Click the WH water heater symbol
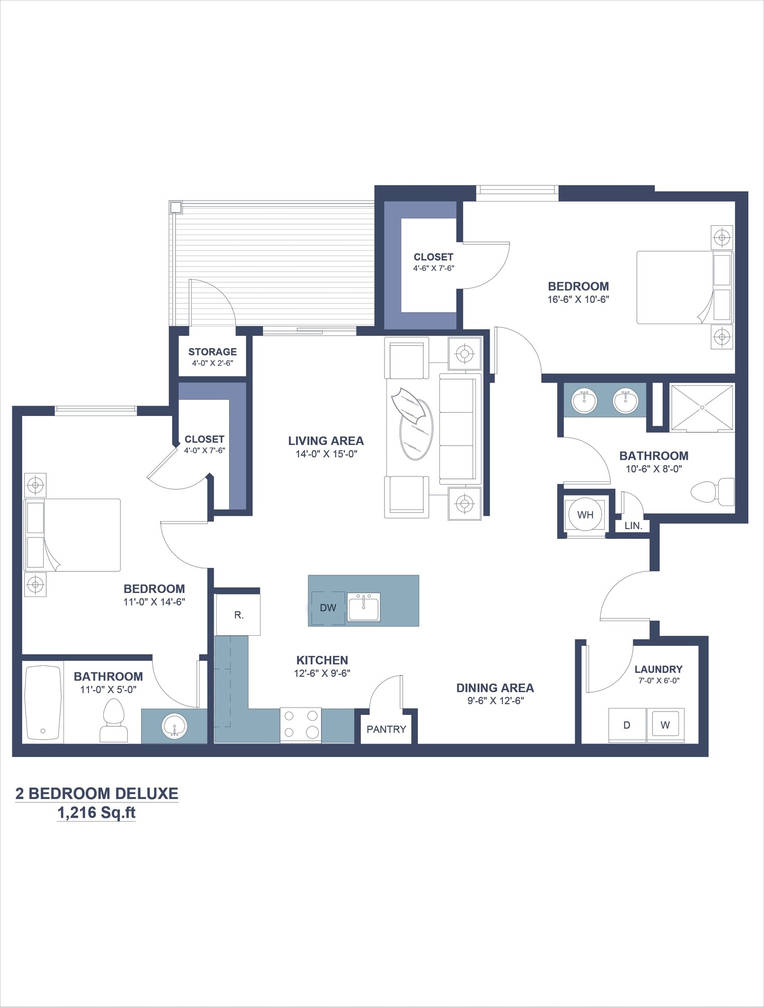585,515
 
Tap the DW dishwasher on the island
328,608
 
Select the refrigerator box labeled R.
238,615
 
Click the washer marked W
665,725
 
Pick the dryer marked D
626,725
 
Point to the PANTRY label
386,729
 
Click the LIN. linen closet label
633,526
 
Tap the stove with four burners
300,725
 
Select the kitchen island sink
364,607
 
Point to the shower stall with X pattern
702,407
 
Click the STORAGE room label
212,352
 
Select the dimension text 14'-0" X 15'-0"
326,454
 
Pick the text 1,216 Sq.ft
96,813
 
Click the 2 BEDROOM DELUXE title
97,793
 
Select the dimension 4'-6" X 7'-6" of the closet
433,268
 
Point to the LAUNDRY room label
658,669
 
